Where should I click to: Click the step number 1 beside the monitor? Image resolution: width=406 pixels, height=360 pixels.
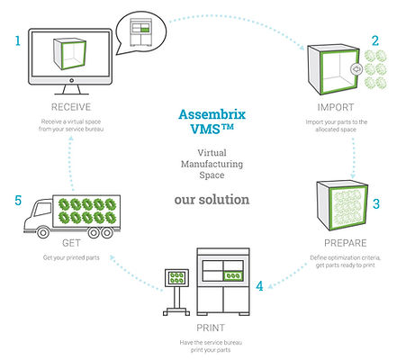(x=16, y=40)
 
